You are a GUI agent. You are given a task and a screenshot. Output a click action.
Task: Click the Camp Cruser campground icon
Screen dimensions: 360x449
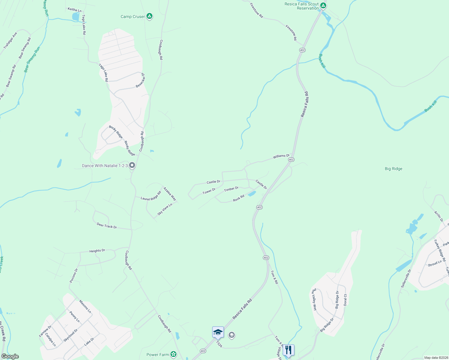149,16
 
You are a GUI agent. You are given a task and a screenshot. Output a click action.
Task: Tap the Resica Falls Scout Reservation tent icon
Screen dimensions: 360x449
323,6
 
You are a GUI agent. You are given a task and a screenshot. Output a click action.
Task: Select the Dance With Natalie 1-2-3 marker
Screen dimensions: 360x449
132,166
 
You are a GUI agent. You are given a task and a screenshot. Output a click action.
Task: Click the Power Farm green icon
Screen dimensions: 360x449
173,354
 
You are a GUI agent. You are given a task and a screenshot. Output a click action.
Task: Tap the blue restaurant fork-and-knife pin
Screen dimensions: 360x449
288,350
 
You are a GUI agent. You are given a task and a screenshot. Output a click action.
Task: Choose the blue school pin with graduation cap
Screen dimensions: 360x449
218,332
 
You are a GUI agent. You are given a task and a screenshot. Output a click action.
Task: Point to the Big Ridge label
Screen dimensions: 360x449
393,169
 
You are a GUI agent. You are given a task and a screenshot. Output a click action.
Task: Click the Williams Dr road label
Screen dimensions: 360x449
281,156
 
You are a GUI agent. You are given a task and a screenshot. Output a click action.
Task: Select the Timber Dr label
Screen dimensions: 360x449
231,189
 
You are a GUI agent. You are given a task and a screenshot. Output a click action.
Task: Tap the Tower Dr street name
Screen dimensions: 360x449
209,191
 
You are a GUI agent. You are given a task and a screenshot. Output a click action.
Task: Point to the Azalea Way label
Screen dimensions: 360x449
170,194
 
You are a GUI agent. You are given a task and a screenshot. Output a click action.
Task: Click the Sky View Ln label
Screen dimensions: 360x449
165,209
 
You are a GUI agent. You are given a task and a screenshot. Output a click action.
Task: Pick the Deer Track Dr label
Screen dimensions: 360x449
107,225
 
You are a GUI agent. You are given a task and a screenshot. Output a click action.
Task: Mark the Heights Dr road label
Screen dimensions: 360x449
97,250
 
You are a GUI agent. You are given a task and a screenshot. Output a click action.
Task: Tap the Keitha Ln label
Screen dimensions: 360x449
74,10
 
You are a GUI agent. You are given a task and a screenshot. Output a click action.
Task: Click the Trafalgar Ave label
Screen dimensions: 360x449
10,40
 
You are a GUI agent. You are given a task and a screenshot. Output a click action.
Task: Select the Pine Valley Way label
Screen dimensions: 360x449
314,299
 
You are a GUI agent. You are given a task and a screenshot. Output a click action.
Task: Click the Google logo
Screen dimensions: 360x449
10,356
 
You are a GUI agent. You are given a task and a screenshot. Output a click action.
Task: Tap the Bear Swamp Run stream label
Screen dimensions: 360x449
32,59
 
